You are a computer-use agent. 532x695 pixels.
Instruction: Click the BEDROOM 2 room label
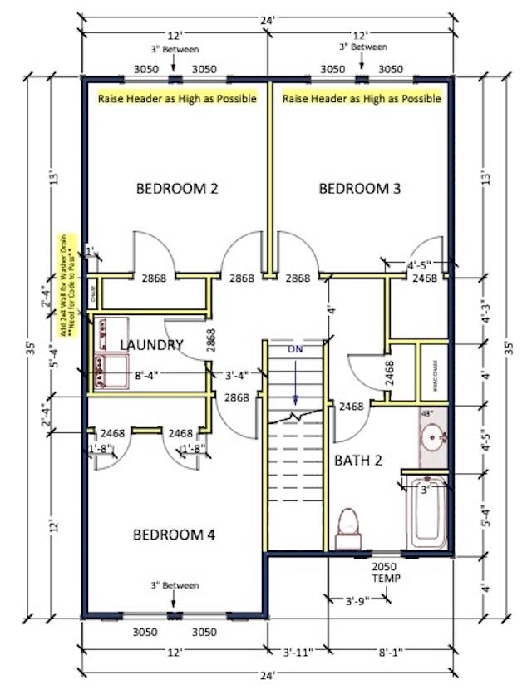(176, 189)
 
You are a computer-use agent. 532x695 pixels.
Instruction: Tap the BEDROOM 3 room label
(360, 189)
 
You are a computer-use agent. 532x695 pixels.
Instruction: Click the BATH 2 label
(358, 461)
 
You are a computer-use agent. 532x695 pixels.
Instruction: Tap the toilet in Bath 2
(348, 530)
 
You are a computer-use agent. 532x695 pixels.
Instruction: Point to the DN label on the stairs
(296, 350)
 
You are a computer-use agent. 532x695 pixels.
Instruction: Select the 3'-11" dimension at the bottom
(298, 653)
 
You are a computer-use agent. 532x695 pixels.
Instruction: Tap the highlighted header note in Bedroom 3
(362, 98)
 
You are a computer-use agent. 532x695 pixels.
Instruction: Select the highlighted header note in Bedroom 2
(177, 98)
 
